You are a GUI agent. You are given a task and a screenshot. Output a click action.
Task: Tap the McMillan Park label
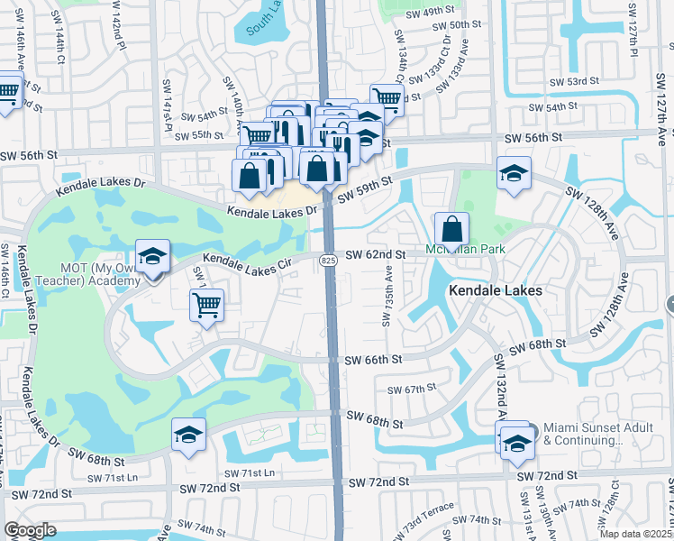coord(465,249)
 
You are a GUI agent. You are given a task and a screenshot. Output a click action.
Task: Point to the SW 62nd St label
coord(374,255)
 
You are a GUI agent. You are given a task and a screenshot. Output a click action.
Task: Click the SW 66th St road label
coord(373,359)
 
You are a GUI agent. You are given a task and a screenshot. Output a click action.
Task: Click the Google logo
coord(30,530)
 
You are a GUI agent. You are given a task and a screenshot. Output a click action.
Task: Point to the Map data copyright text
coord(637,534)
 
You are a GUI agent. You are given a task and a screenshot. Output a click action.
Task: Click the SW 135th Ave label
coord(388,294)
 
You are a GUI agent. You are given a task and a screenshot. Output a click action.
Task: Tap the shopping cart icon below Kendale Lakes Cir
coord(206,307)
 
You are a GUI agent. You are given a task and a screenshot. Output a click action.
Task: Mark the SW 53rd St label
coord(576,81)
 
